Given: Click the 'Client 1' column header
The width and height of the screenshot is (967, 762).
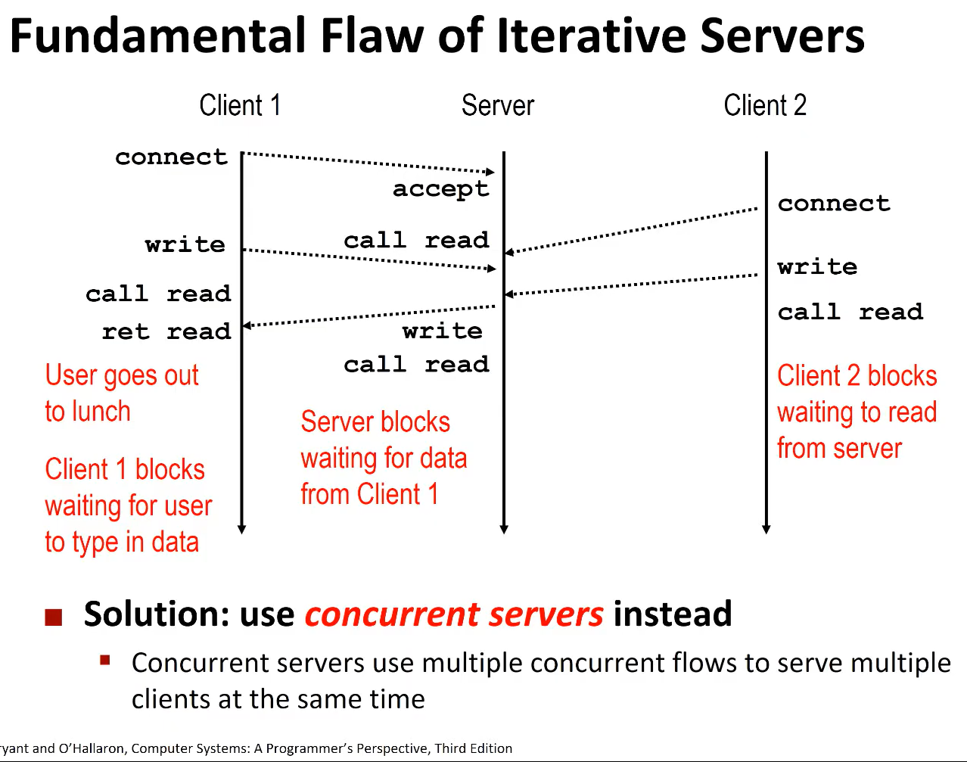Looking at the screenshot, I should (x=240, y=105).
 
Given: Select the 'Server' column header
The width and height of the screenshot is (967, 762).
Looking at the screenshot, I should (x=497, y=105).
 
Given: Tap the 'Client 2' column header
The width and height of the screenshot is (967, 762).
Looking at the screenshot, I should (x=764, y=105).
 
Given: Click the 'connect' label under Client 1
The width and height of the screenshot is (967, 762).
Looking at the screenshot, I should (x=171, y=157).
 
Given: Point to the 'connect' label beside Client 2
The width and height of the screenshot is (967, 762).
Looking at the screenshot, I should (x=834, y=204).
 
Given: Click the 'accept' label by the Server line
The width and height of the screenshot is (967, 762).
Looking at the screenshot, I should (x=440, y=189).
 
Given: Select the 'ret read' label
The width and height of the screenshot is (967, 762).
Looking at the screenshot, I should (x=166, y=331).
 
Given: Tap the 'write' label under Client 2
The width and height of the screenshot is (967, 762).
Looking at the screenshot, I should (x=817, y=266).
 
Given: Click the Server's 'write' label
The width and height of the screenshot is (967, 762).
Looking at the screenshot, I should (x=442, y=331).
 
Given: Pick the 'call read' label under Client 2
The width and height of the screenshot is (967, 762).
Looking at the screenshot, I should (x=850, y=312).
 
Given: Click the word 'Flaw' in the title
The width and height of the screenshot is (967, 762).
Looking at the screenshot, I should (x=373, y=36).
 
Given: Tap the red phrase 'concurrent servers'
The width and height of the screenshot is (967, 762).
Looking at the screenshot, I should (x=454, y=614).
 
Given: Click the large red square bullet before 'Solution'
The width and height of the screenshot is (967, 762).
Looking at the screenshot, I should (x=53, y=617).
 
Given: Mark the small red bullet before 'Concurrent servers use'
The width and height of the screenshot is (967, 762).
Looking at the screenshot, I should (x=105, y=661).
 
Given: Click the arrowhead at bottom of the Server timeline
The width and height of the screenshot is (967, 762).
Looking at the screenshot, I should (x=504, y=529).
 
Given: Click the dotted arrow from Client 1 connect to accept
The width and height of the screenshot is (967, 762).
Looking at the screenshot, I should (x=368, y=163).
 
